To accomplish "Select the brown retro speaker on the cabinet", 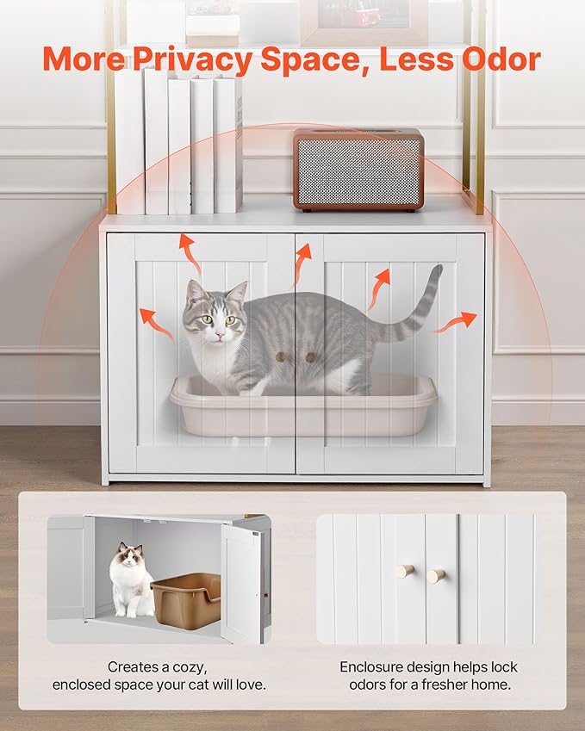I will (358, 169).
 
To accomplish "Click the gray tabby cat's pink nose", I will (221, 331).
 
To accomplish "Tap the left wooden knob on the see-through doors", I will (280, 356).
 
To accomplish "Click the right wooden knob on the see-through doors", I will (310, 356).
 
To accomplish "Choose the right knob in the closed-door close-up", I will (437, 574).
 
